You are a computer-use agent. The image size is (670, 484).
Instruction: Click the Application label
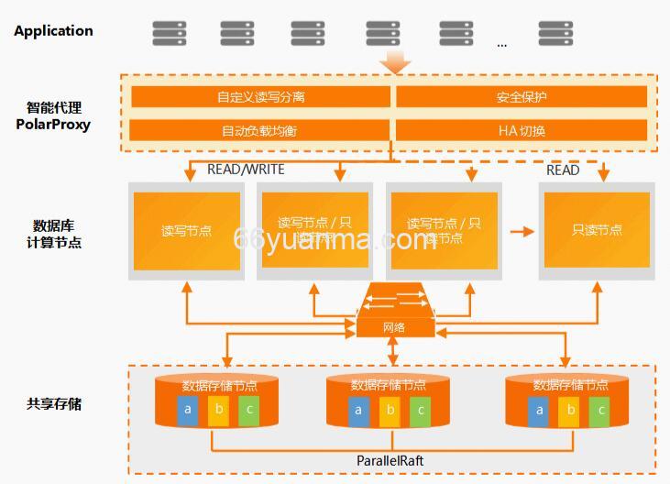tap(53, 30)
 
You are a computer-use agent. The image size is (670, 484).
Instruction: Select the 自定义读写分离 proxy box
tap(261, 97)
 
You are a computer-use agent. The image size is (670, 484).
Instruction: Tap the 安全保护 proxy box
tap(522, 97)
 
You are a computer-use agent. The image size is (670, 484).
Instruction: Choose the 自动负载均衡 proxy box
tap(261, 130)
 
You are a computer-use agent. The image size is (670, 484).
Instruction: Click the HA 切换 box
tap(522, 130)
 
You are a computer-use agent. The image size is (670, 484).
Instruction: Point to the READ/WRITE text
tap(246, 170)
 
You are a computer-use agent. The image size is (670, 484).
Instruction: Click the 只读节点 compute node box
tap(597, 230)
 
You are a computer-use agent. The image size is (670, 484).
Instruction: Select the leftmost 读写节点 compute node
tap(186, 230)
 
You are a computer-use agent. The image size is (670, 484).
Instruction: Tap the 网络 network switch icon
tap(393, 312)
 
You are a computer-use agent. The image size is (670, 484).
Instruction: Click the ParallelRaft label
tap(390, 460)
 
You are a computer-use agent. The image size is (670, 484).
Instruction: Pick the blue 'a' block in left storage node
tap(188, 410)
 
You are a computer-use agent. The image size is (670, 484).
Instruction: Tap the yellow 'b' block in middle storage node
tap(390, 410)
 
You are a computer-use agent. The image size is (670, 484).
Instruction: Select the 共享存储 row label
tap(54, 403)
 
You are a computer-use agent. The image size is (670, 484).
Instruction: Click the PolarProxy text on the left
tap(53, 124)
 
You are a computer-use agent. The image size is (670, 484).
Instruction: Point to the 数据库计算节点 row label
tap(54, 234)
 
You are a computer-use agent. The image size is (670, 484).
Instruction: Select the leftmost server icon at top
tap(169, 33)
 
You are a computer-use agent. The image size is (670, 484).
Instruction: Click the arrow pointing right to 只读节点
tap(522, 231)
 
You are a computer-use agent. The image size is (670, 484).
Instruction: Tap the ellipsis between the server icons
tap(501, 43)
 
